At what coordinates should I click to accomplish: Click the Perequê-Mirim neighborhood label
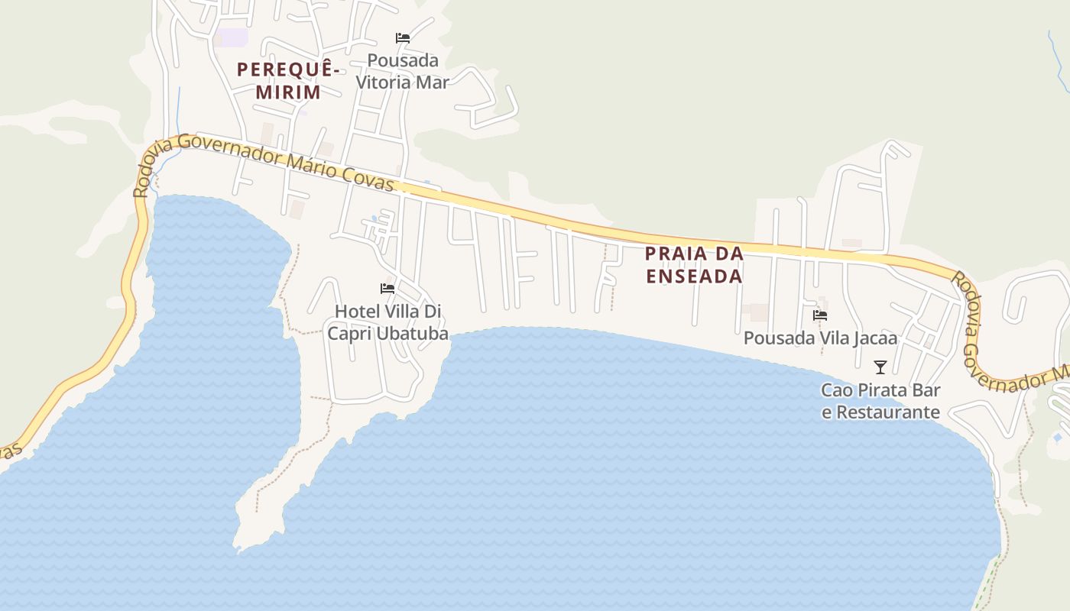(288, 81)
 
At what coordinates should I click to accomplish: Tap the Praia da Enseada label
(694, 264)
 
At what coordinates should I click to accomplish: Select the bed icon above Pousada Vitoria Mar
(403, 37)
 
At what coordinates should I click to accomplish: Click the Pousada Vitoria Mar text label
(403, 71)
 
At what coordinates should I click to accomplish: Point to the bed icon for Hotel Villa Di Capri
(387, 289)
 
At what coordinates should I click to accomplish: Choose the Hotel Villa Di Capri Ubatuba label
(387, 322)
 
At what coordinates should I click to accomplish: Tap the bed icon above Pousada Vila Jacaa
(820, 315)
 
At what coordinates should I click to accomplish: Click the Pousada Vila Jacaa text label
(820, 338)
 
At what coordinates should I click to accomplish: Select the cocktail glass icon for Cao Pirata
(880, 367)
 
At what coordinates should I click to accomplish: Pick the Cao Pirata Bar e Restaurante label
(880, 401)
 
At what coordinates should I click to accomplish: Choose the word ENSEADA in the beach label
(694, 276)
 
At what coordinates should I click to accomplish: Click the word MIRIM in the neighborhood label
(287, 92)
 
